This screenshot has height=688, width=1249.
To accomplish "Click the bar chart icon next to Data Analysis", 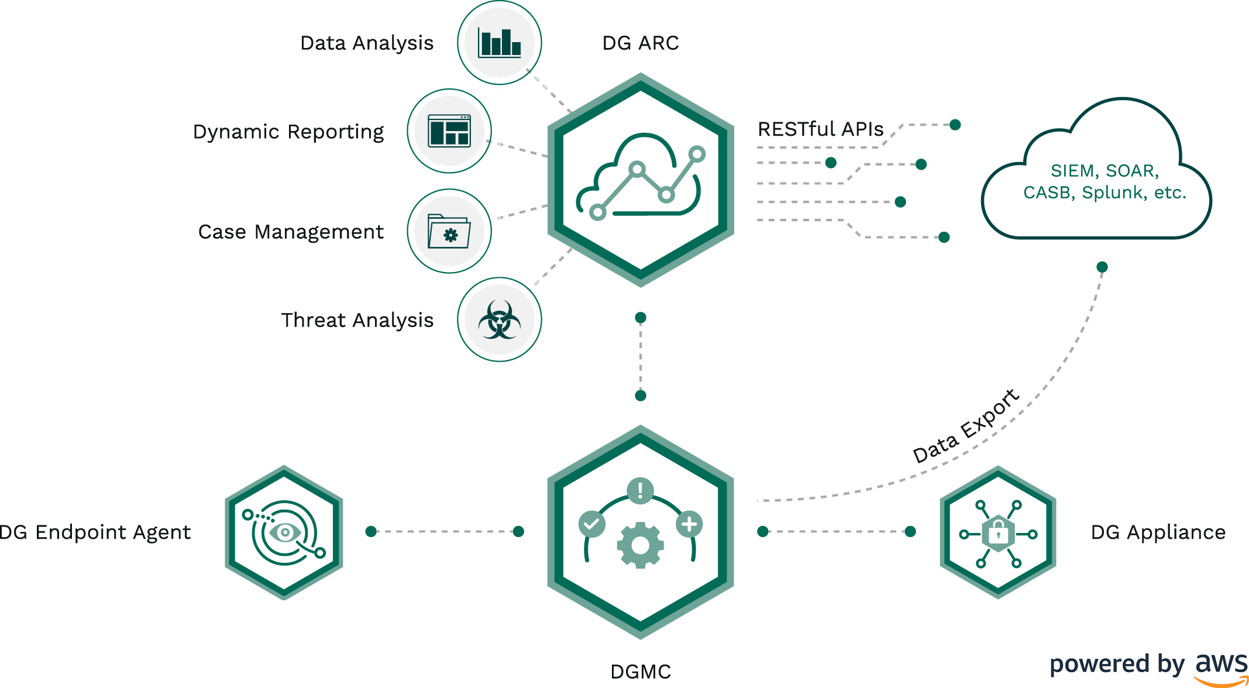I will [499, 43].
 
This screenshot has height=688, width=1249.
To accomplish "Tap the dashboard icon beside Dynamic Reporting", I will [449, 131].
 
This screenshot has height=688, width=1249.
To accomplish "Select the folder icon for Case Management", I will [449, 232].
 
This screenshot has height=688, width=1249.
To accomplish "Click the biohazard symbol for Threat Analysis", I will [499, 320].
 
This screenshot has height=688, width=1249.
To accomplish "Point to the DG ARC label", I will [641, 43].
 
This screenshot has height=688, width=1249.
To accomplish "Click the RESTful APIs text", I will [820, 129].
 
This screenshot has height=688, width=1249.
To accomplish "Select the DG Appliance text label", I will [1158, 532].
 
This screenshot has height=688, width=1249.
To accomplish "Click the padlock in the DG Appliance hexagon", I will [998, 533].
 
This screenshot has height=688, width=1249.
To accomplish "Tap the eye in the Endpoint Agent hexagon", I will [285, 532].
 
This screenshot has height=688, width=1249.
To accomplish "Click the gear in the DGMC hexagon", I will [640, 545].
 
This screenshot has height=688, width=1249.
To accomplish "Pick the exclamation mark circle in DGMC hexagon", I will [640, 490].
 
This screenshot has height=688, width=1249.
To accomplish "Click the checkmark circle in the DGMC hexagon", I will [591, 524].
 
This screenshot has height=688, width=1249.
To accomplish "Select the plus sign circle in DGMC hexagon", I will [689, 524].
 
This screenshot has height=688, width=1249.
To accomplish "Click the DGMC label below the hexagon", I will [641, 672].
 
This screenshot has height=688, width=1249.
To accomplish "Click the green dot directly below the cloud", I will [1102, 267].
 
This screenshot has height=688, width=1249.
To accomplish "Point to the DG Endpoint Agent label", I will [95, 532].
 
